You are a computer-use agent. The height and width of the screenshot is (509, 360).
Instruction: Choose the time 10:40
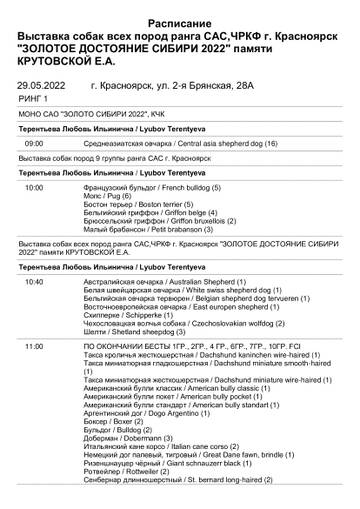[35, 282]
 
